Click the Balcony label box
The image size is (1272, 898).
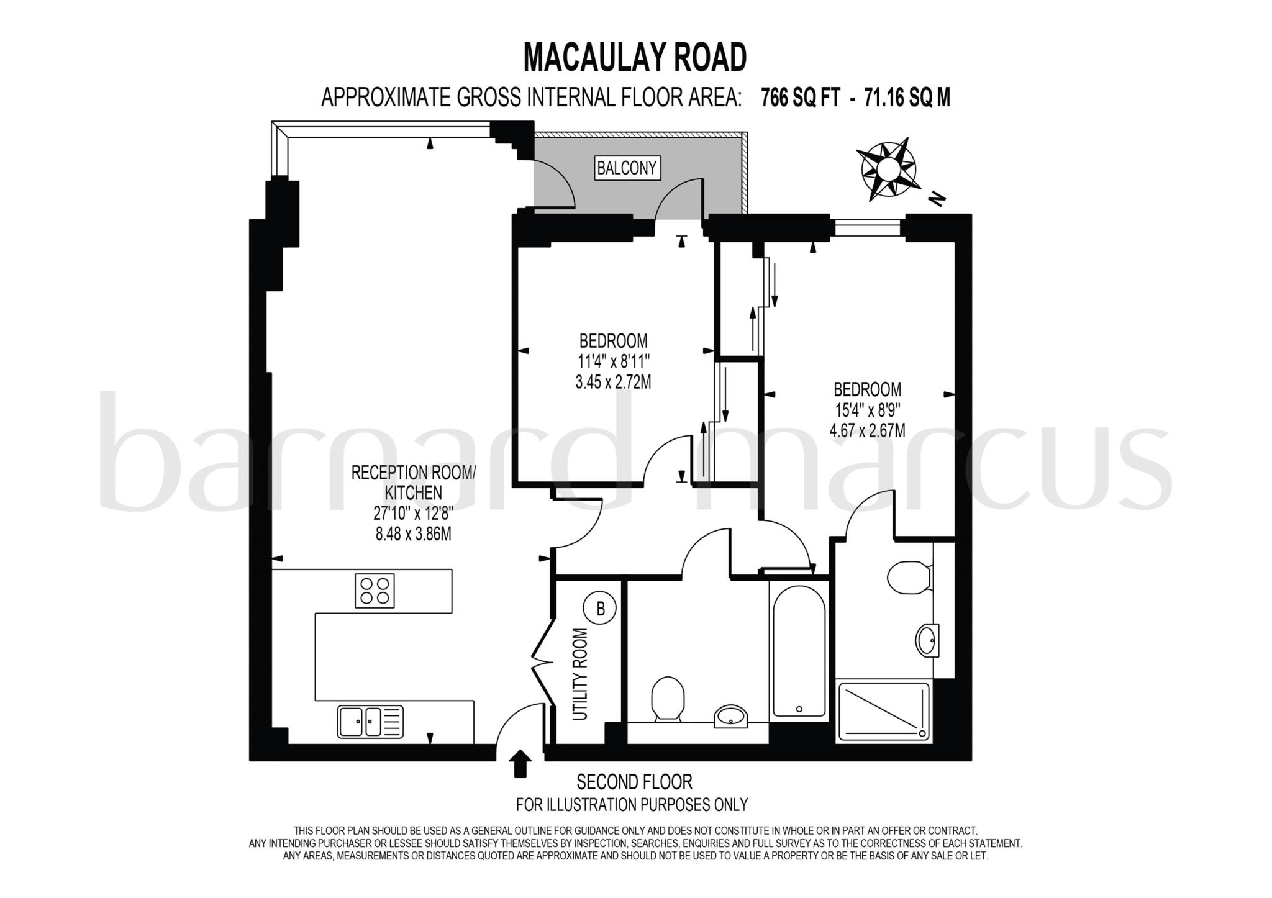(626, 168)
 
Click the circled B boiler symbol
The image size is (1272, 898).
(600, 609)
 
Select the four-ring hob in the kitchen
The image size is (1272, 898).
(375, 591)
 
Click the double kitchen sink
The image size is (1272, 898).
(370, 721)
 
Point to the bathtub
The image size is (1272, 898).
(799, 650)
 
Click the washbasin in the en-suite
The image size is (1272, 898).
(927, 640)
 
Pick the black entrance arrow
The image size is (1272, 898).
(520, 763)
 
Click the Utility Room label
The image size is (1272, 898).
(579, 674)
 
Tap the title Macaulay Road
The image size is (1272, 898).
(635, 58)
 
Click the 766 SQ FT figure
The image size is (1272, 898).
(801, 98)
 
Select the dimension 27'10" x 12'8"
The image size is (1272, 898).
(413, 513)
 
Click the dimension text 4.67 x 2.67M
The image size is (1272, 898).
(867, 430)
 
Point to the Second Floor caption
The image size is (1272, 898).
(634, 781)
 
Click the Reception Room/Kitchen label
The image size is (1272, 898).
(413, 483)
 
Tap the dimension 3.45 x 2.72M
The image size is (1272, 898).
(613, 382)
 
